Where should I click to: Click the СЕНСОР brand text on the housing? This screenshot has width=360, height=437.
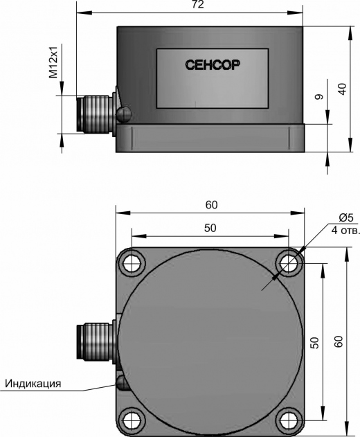coord(213,65)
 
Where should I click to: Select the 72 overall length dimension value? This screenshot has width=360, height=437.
coord(197,4)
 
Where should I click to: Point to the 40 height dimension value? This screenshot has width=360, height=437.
coord(342,89)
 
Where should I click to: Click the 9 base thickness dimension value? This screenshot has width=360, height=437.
coord(318,97)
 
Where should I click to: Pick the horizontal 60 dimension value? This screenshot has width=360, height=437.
coord(211,205)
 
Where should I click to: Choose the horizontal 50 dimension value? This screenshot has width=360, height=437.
coord(210,228)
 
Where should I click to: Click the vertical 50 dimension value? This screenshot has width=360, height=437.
coord(314,343)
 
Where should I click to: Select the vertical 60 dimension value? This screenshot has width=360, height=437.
coord(339,341)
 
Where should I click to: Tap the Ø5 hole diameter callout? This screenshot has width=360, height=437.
coord(346,217)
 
